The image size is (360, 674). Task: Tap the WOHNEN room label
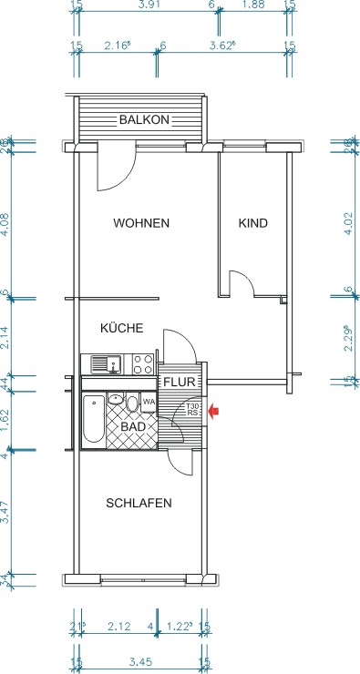click(141, 223)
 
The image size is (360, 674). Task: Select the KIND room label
click(252, 223)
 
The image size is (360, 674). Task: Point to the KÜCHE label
click(121, 329)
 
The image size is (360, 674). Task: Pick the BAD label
click(133, 426)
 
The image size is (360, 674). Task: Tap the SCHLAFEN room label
click(139, 503)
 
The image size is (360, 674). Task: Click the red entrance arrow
click(214, 412)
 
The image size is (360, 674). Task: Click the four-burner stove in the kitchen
click(142, 364)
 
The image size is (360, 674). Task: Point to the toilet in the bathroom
click(132, 403)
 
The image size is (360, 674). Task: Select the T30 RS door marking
click(193, 410)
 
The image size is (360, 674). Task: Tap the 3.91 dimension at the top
click(144, 5)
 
